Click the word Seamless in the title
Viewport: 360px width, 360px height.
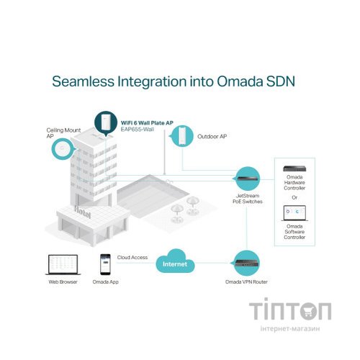(x=83, y=81)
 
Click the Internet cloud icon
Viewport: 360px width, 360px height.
(x=175, y=261)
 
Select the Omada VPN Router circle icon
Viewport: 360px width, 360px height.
(x=246, y=263)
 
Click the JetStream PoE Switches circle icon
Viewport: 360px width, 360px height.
(x=247, y=179)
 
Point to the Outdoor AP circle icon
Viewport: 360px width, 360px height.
(x=182, y=136)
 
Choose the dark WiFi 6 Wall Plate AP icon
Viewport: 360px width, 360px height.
(x=106, y=123)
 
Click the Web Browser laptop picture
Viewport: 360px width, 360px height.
(x=63, y=265)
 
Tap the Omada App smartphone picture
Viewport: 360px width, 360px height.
(x=105, y=264)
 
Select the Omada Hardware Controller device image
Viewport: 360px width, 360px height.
(x=294, y=168)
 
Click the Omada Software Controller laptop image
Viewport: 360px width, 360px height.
(x=294, y=213)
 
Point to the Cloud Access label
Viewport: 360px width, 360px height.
(x=132, y=257)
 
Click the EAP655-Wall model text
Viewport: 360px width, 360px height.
(x=137, y=130)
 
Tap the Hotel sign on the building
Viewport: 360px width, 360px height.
(x=83, y=212)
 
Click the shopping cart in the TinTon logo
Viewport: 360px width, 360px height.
(x=308, y=311)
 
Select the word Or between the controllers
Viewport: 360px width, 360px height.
(x=294, y=197)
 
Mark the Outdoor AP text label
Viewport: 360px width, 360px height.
(x=212, y=136)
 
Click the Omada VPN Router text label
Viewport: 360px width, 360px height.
(x=246, y=282)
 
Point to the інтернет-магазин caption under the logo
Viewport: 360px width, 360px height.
(x=290, y=328)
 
